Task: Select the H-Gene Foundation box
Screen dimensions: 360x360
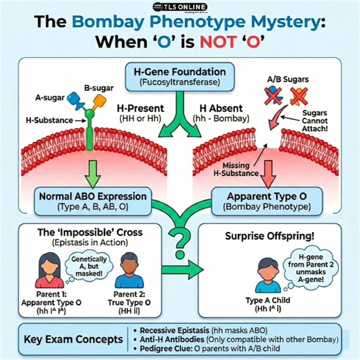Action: pos(179,76)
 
